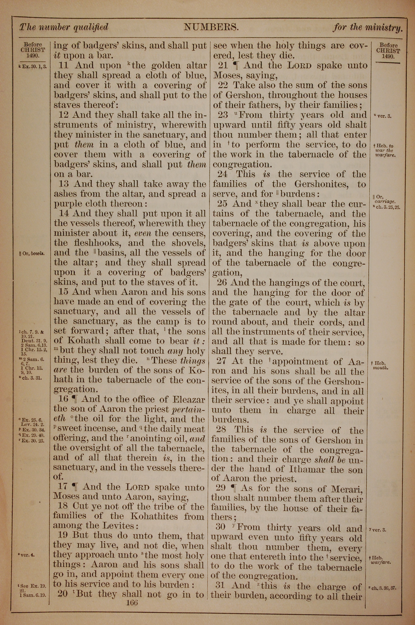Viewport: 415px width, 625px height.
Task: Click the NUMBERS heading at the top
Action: tap(211, 27)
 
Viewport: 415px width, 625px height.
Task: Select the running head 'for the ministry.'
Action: tap(368, 28)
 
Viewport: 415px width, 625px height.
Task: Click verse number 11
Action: tap(65, 66)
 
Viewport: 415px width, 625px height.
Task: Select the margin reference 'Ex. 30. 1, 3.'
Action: tap(33, 67)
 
